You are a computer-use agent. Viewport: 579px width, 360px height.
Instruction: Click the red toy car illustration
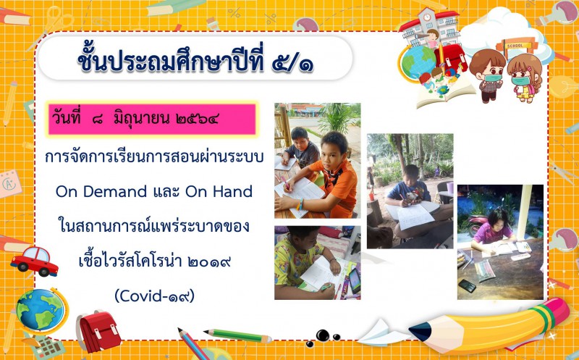click(34, 261)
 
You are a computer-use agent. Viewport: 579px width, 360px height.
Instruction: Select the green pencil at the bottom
click(237, 335)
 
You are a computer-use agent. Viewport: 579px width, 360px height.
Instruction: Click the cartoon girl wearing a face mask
click(524, 78)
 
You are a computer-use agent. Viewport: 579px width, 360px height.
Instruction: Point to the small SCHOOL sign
click(515, 46)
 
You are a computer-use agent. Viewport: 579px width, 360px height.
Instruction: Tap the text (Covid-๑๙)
click(154, 296)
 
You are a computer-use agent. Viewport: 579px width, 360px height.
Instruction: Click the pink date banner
click(152, 120)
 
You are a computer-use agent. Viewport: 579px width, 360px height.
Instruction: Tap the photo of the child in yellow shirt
click(318, 263)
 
